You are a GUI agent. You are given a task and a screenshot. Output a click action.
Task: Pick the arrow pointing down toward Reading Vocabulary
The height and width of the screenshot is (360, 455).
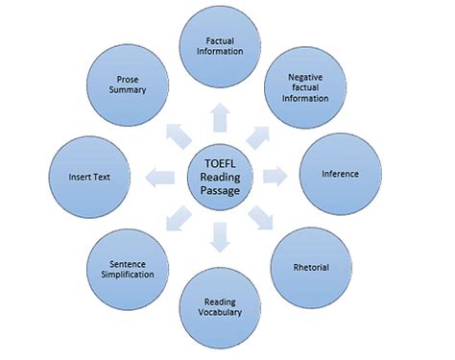pos(221,234)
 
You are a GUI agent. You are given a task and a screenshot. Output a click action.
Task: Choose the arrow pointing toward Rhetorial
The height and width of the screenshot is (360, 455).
pos(261,218)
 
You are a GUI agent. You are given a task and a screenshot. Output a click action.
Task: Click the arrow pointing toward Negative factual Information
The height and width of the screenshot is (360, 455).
pos(261,132)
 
